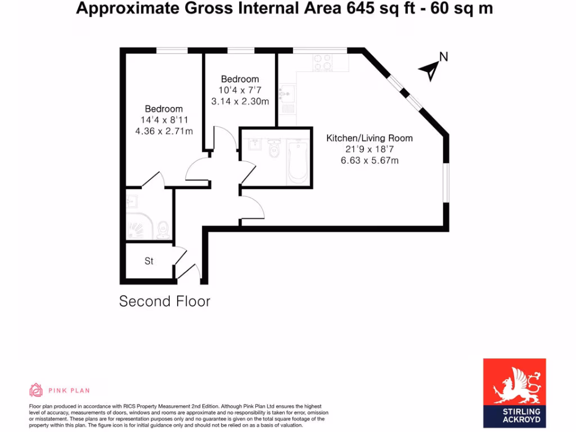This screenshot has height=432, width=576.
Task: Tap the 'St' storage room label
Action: (149, 261)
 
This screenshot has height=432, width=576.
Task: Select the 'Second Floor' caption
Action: (165, 301)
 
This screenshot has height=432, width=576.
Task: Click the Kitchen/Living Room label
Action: (370, 138)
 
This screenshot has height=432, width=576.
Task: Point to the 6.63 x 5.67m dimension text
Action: (370, 161)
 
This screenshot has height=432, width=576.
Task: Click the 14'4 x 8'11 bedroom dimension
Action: (164, 120)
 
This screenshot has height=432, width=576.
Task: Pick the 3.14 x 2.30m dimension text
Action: (240, 102)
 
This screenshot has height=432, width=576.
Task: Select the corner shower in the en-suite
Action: (138, 226)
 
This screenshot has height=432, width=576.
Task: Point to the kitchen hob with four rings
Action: (322, 61)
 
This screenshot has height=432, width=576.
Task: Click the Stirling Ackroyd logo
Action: (515, 393)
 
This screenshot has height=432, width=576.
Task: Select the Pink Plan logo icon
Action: (36, 390)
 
